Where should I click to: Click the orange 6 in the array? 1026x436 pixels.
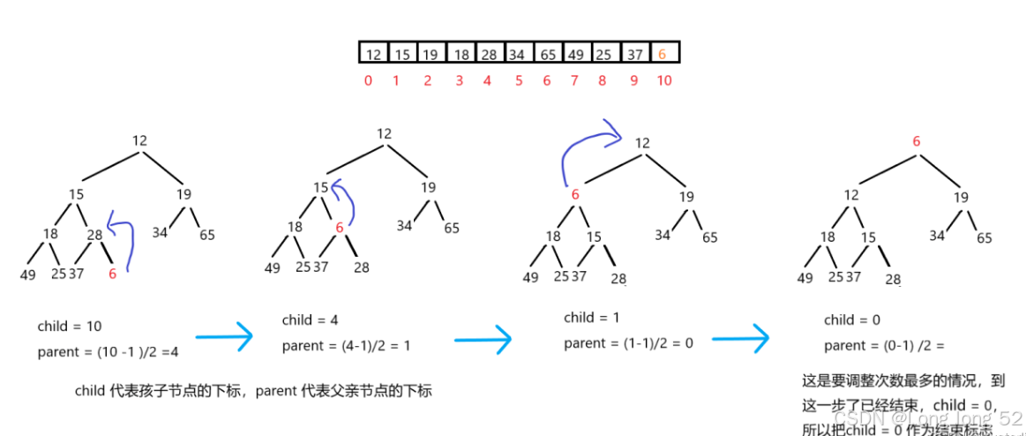[663, 55]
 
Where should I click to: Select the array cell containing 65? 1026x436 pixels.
[547, 55]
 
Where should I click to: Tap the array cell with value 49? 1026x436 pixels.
[575, 55]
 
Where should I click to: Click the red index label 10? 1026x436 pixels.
[663, 80]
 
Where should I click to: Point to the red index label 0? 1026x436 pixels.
[368, 80]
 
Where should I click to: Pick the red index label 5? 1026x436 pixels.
[518, 80]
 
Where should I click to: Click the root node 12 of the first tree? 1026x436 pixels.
[139, 140]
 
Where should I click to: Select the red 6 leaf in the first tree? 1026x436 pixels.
[112, 274]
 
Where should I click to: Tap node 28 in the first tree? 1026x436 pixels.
[94, 234]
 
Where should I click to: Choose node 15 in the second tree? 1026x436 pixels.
[321, 187]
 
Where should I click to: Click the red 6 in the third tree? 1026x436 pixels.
[574, 195]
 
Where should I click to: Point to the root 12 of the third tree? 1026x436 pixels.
[642, 143]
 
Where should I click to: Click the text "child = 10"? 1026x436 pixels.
[70, 327]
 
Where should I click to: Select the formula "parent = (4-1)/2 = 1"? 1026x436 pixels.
[346, 346]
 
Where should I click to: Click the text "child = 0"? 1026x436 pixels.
[851, 319]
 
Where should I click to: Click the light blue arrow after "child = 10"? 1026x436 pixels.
[223, 336]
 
